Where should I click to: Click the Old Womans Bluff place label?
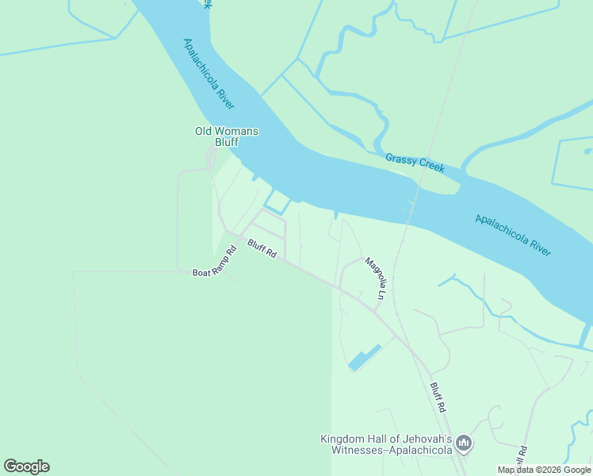(227, 136)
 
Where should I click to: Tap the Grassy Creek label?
(415, 163)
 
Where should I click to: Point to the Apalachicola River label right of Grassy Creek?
(513, 235)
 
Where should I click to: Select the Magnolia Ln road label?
(375, 278)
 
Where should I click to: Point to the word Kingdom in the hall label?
(342, 439)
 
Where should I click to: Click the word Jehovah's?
(422, 439)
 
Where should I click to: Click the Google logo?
(26, 466)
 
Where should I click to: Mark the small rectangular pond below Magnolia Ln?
(365, 359)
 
